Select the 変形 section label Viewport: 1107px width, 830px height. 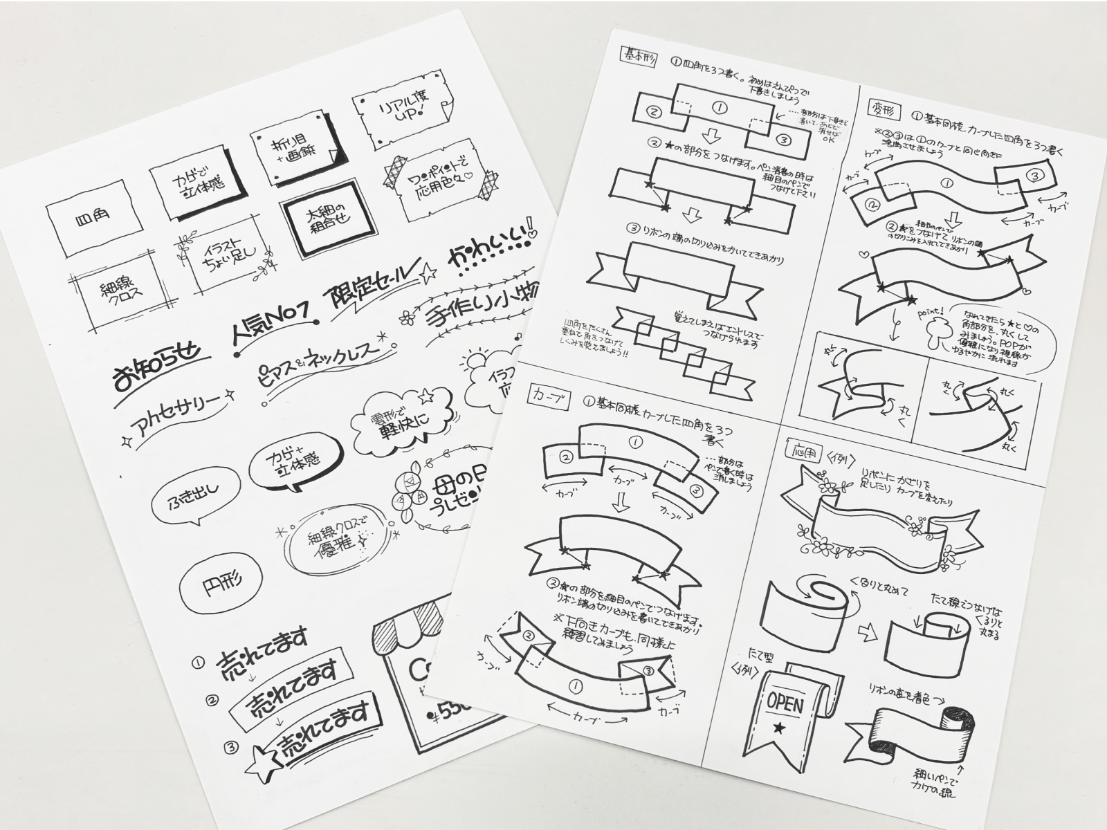pyautogui.click(x=881, y=107)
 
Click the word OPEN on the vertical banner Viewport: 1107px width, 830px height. pyautogui.click(x=784, y=703)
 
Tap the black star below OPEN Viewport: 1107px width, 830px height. pyautogui.click(x=780, y=728)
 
